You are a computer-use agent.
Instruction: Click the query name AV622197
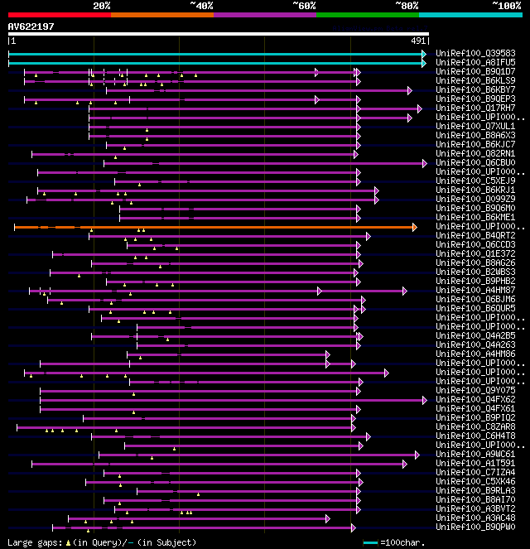31,26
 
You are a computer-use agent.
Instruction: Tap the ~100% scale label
506,6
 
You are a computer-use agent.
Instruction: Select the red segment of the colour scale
59,15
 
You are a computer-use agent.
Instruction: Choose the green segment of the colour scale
367,15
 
